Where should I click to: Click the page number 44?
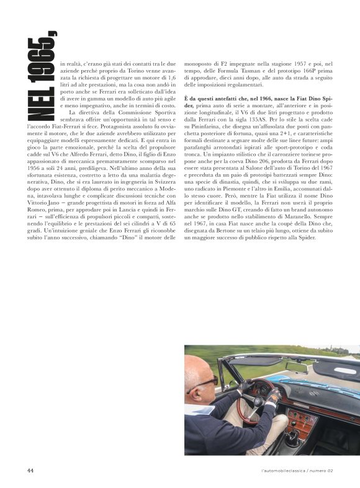click(30, 470)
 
